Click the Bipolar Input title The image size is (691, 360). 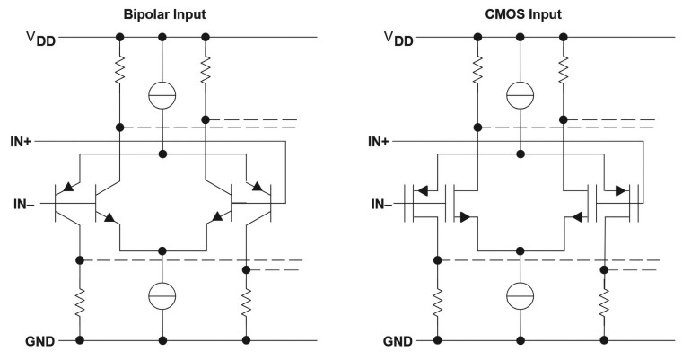(x=164, y=14)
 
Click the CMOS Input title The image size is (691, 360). (x=523, y=14)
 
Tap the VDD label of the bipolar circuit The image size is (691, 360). (x=41, y=39)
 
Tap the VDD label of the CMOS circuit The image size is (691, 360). (x=398, y=39)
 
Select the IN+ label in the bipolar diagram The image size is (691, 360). (x=21, y=142)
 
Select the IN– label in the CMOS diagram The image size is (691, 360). (x=381, y=204)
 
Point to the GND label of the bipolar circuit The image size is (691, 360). (x=40, y=341)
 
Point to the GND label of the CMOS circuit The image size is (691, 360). (x=398, y=341)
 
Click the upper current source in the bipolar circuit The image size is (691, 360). (x=162, y=95)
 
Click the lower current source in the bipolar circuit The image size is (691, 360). (x=162, y=295)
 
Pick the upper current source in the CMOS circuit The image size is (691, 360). (x=520, y=95)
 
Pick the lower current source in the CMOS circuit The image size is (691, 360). (x=520, y=295)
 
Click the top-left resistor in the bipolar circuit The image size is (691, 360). (x=119, y=70)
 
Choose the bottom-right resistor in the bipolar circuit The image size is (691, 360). (x=247, y=303)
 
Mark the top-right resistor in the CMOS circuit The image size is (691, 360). (x=563, y=70)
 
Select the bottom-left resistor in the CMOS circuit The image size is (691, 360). (x=438, y=303)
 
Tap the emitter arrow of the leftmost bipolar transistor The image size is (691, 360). (x=68, y=187)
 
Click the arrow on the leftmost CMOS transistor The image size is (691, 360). (x=423, y=191)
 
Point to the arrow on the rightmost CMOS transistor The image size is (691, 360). (x=620, y=191)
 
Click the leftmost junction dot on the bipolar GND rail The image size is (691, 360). (x=80, y=340)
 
